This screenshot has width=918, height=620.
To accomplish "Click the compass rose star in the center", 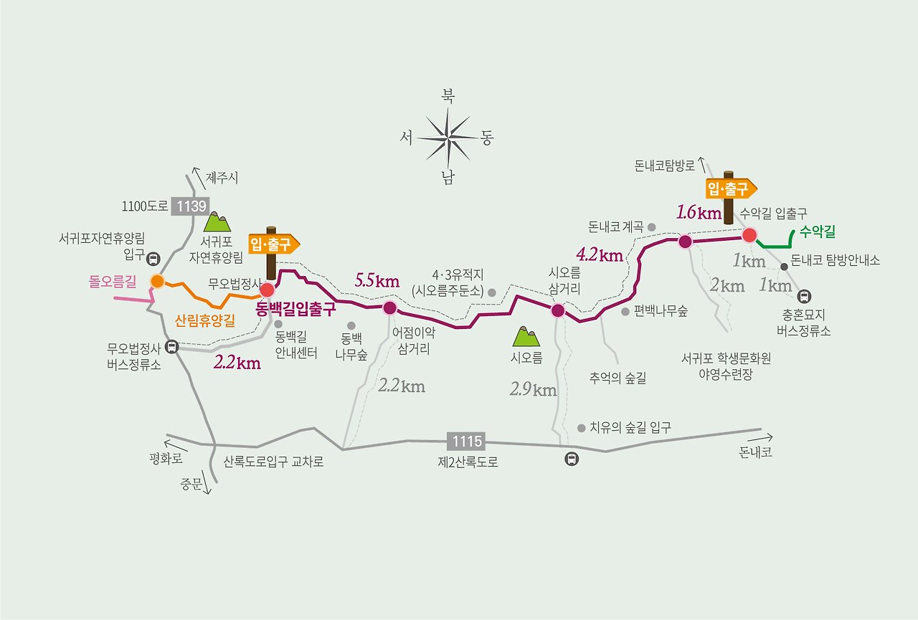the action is [x=448, y=137].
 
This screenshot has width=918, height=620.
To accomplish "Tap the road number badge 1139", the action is [x=189, y=206].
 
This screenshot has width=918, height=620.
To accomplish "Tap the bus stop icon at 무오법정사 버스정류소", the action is [x=171, y=348].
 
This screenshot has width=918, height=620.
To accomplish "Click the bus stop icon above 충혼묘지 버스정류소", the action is [x=804, y=295].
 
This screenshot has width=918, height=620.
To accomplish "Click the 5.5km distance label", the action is [x=377, y=281].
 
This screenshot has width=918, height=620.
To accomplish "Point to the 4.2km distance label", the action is [x=599, y=254].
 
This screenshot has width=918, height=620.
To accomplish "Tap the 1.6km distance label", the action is [x=698, y=212].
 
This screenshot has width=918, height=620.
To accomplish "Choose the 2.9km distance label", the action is [x=533, y=390].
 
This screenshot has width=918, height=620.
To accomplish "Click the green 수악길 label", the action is [x=818, y=232].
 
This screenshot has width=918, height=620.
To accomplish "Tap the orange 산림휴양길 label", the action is [x=204, y=321].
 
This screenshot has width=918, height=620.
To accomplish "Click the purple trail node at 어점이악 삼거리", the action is [x=389, y=308].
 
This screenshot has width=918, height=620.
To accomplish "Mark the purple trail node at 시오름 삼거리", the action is [x=557, y=310].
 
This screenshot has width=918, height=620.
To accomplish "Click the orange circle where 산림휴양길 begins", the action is [x=157, y=281].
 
